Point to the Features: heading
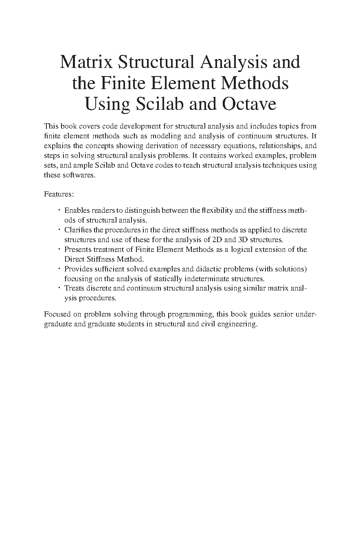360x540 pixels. (59, 195)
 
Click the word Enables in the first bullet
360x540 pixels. (77, 210)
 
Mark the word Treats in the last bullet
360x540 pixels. (74, 289)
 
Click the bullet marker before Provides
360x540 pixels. (59, 268)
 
